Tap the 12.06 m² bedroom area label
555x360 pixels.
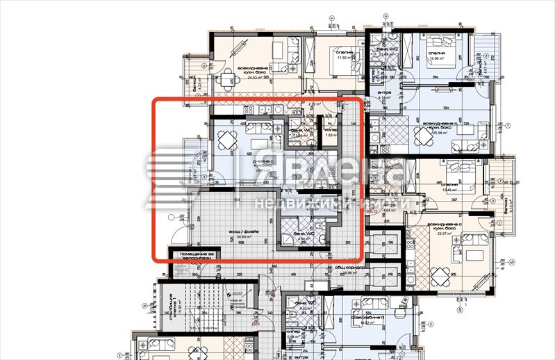click(439, 58)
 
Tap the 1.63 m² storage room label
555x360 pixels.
click(331, 136)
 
